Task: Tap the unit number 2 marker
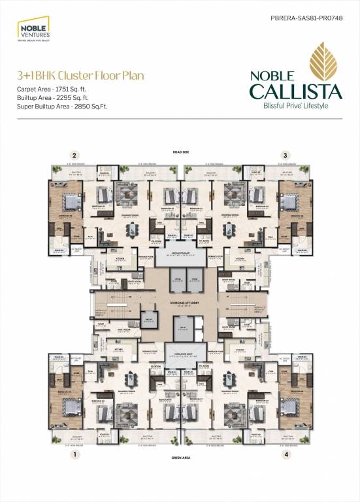[x=76, y=155]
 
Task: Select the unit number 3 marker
[x=285, y=155]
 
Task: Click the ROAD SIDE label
[x=180, y=150]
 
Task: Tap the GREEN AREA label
[x=180, y=458]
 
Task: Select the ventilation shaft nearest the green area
[x=180, y=350]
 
